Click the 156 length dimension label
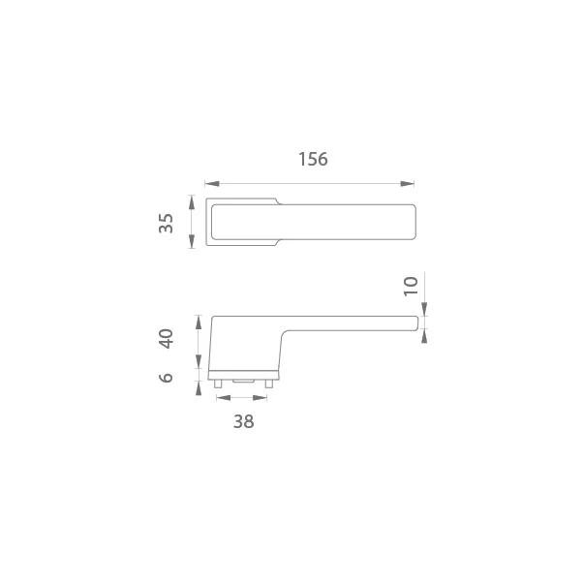[313, 159]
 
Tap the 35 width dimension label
[166, 223]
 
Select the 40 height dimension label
[166, 338]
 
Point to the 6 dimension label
[166, 378]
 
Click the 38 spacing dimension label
[243, 421]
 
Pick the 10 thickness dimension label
[411, 287]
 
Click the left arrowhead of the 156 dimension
[212, 184]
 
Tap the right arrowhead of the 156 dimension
[407, 184]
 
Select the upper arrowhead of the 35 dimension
[192, 202]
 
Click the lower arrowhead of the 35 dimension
[192, 242]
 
